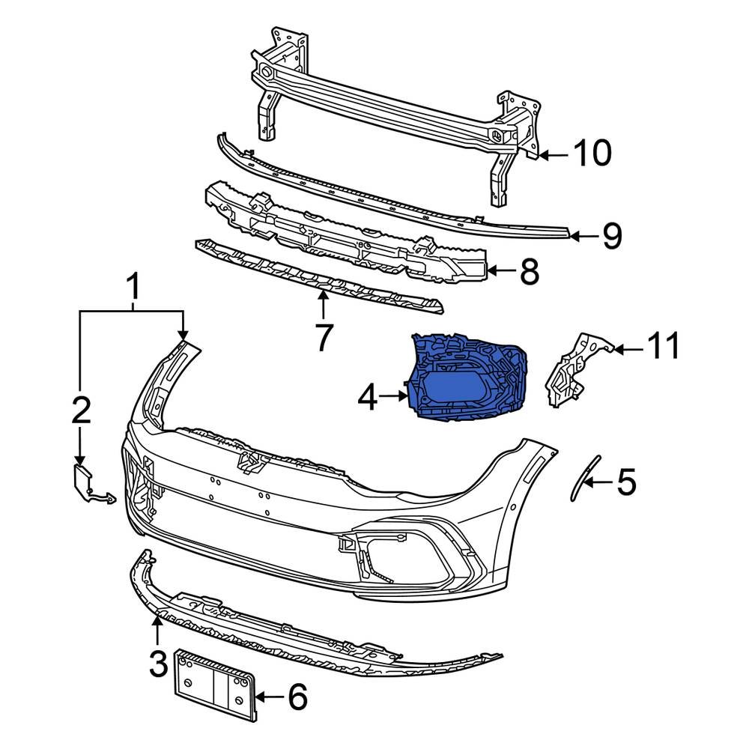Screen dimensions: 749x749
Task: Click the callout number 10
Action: coord(592,154)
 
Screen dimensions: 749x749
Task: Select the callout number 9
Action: coord(612,236)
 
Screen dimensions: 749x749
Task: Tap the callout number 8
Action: coord(529,273)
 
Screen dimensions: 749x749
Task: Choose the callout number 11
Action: coord(664,348)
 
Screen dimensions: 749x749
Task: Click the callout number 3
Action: coord(158,664)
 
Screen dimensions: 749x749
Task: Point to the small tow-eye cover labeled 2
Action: coord(82,479)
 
